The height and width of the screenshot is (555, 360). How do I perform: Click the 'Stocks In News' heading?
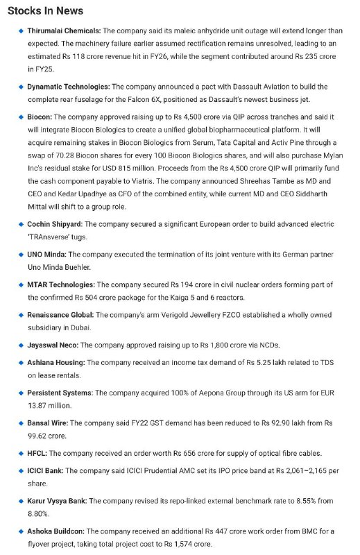(46, 10)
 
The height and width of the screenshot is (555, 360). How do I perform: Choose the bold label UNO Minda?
(46, 255)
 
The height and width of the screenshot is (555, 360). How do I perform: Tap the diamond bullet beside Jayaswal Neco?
(21, 345)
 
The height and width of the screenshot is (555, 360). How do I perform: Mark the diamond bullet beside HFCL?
(21, 453)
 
